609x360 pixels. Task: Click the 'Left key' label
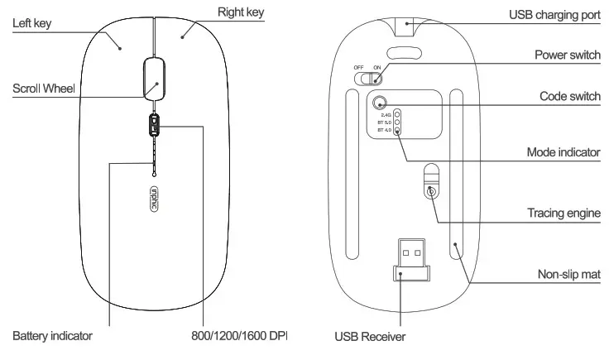[x=31, y=24]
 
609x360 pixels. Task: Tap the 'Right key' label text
[x=241, y=12]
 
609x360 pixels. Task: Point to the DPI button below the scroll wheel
[x=154, y=125]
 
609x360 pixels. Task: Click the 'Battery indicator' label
[x=52, y=336]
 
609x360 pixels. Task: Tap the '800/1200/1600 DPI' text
[x=238, y=336]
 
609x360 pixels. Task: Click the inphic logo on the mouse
[x=154, y=199]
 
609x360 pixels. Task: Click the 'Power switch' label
[x=567, y=54]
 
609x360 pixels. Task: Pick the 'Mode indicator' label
[x=563, y=153]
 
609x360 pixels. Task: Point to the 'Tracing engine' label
[x=563, y=213]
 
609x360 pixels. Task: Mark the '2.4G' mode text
[x=386, y=114]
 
